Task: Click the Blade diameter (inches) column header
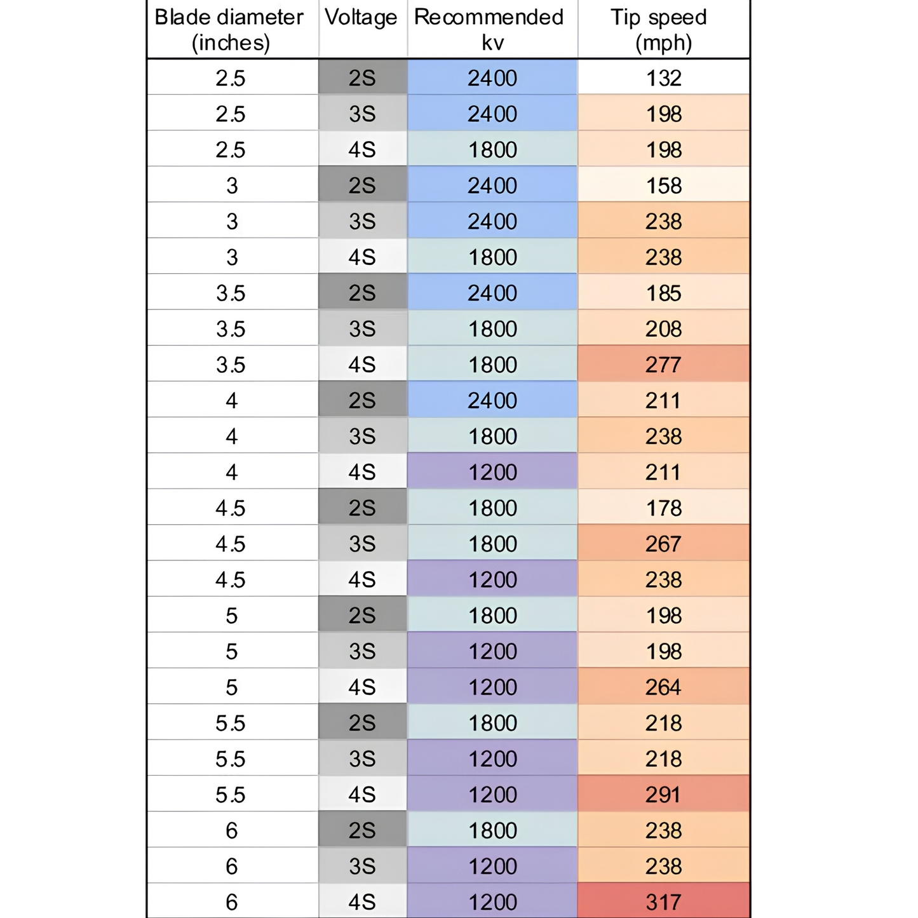coord(229,29)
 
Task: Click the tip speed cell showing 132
coord(664,78)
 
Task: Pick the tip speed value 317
coord(664,901)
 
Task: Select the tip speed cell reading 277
coord(664,365)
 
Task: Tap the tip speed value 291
coord(664,794)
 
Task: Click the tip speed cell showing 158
coord(664,185)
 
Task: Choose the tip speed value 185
coord(664,292)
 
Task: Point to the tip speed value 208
coord(664,328)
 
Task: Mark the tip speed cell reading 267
coord(664,544)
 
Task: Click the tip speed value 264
coord(664,687)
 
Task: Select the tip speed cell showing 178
coord(664,508)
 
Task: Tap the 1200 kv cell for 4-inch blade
coord(492,472)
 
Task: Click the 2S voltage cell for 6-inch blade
coord(363,830)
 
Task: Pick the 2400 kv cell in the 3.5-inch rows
coord(492,292)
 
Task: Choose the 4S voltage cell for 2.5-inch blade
coord(363,149)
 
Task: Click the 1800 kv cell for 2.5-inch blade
coord(492,149)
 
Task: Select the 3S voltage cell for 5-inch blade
coord(363,651)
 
